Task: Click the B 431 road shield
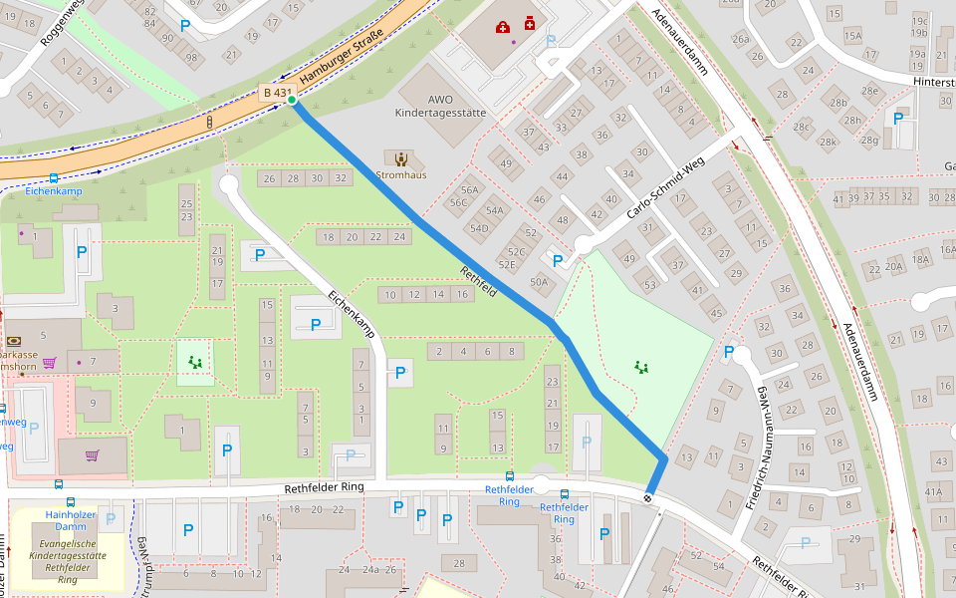(276, 93)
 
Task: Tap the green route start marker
(292, 100)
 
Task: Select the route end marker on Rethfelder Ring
(648, 497)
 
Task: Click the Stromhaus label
(401, 174)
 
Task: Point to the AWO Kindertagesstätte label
(442, 106)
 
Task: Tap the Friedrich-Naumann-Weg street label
(757, 448)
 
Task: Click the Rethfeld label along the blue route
(478, 281)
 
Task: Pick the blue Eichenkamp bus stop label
(53, 189)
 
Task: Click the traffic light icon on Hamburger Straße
(209, 122)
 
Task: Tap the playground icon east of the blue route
(642, 367)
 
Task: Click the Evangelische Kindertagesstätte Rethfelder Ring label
(68, 554)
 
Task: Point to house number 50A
(539, 282)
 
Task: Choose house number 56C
(458, 202)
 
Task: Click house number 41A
(933, 491)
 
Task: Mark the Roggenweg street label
(60, 25)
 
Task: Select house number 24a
(371, 570)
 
